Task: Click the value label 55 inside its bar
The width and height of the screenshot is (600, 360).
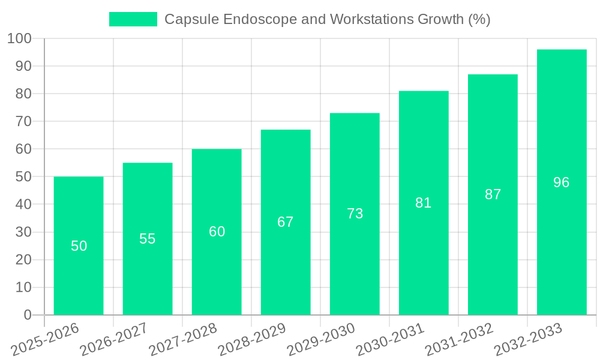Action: point(148,239)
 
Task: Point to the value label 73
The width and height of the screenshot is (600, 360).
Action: point(355,214)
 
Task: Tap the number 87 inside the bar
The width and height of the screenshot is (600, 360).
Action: point(493,194)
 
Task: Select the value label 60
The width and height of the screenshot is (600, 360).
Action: point(217,232)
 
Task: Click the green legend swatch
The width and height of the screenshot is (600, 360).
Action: point(133,19)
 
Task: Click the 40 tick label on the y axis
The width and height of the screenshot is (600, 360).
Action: point(23,205)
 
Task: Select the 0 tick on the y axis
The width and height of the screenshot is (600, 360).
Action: point(28,315)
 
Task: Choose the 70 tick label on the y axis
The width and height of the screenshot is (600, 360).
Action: point(23,122)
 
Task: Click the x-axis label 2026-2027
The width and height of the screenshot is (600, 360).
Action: point(113,339)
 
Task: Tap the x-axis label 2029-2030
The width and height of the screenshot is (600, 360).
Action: point(320,339)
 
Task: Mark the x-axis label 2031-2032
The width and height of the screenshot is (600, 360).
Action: point(458,339)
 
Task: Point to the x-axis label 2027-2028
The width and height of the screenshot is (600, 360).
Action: point(182,339)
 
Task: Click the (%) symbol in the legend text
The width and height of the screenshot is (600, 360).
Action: point(479,19)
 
